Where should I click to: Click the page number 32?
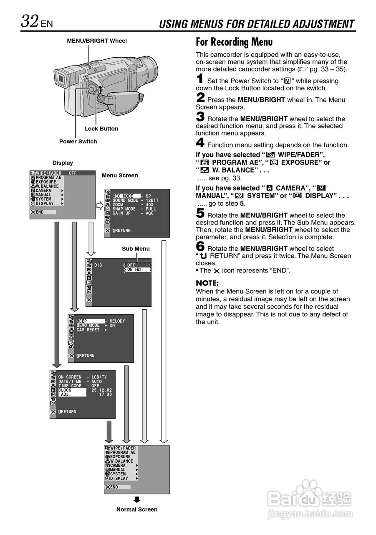[x=30, y=21]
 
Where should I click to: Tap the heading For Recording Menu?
[x=234, y=42]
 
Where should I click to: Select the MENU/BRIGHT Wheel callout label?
[x=96, y=41]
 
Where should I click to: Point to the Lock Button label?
[x=101, y=129]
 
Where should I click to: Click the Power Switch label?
[x=78, y=141]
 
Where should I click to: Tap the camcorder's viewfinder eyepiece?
[x=61, y=78]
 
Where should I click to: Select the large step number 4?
[x=200, y=143]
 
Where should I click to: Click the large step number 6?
[x=200, y=246]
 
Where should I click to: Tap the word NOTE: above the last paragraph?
[x=207, y=283]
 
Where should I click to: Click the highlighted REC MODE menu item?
[x=126, y=196]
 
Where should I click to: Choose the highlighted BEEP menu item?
[x=91, y=321]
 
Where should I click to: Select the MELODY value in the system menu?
[x=117, y=321]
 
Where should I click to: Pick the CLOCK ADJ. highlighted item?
[x=72, y=392]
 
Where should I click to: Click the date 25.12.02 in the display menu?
[x=101, y=390]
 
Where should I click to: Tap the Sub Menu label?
[x=136, y=249]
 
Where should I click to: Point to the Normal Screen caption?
[x=136, y=510]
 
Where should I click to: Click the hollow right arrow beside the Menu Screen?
[x=100, y=206]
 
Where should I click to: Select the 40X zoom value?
[x=149, y=205]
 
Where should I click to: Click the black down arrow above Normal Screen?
[x=137, y=499]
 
